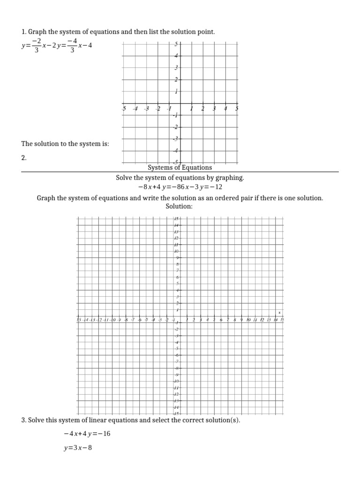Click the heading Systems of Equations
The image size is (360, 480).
tap(180, 167)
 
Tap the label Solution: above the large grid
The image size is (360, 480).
tap(180, 206)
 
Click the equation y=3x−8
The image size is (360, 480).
tap(78, 448)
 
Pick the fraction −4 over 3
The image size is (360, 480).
tap(72, 46)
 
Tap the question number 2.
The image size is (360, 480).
tap(24, 158)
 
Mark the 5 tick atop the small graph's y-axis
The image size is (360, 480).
tap(176, 45)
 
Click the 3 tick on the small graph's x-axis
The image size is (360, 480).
tap(214, 109)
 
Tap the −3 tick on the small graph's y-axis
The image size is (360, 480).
tap(176, 138)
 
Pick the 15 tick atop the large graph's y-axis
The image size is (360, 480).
tap(177, 219)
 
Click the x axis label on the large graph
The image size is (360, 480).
tap(279, 312)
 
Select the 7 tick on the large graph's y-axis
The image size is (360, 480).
tap(177, 270)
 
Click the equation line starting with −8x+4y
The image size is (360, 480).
tap(180, 187)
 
